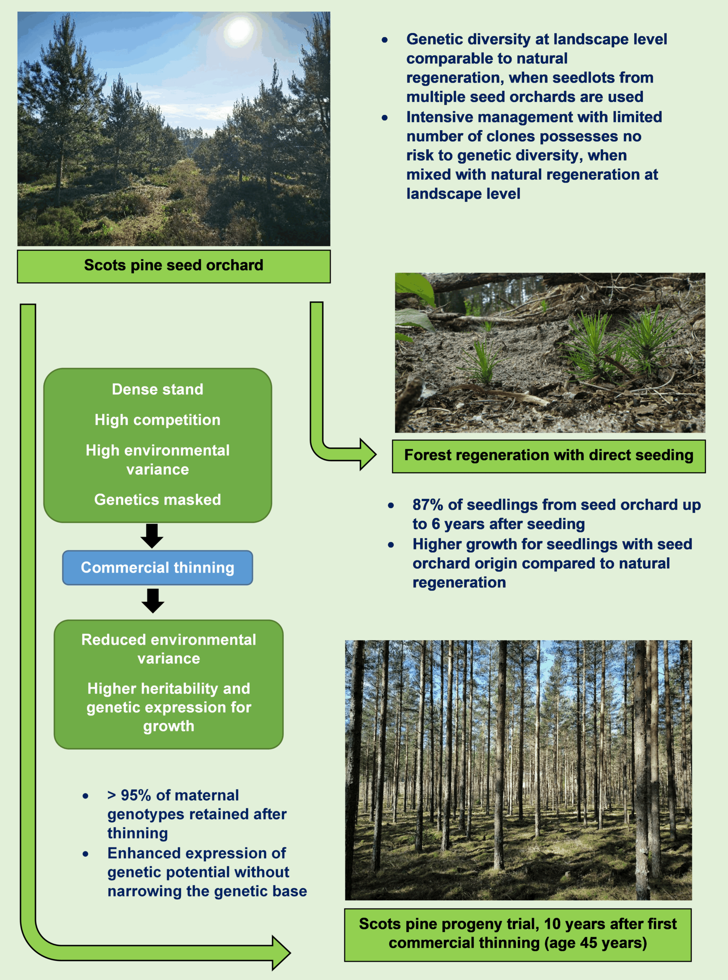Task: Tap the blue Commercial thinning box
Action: pos(157,567)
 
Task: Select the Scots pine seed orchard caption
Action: pos(173,266)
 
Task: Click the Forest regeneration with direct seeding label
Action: pos(549,456)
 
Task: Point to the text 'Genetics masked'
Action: pos(157,500)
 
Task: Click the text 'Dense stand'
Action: pos(157,389)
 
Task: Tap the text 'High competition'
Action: pos(157,420)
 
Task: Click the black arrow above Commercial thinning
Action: pos(152,535)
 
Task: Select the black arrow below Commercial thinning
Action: pos(153,600)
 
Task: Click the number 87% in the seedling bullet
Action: pos(427,505)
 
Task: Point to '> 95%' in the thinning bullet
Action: pos(129,795)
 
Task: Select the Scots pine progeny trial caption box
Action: pos(518,934)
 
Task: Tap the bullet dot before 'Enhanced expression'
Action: pos(85,854)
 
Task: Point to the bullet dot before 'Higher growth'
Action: pos(391,545)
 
